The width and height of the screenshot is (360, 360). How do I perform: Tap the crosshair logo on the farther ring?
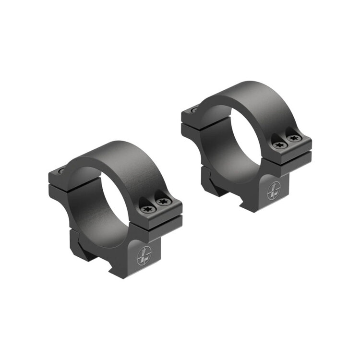(273, 191)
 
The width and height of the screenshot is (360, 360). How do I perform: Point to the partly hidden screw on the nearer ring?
(60, 170)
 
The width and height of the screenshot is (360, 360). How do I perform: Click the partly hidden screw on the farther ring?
(193, 110)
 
